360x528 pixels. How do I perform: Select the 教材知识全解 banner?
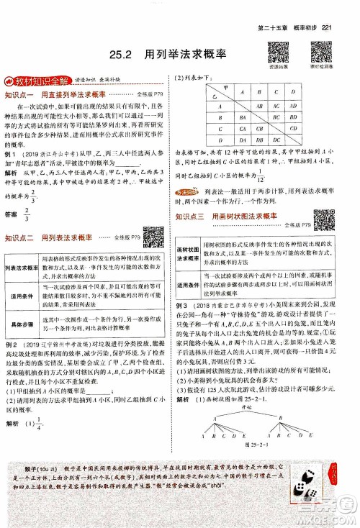pos(36,80)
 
